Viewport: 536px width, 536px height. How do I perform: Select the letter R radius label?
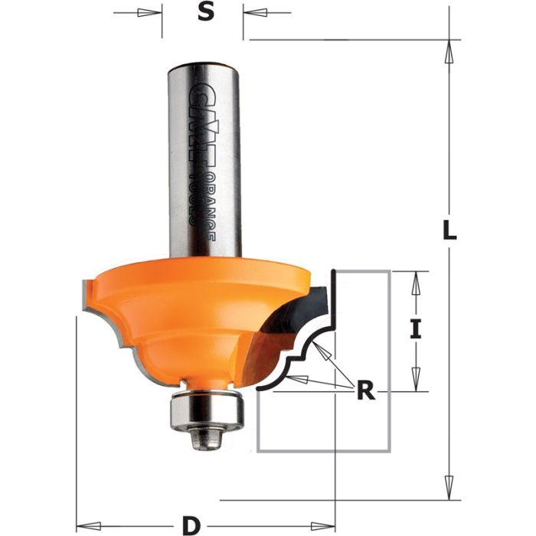(x=367, y=391)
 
